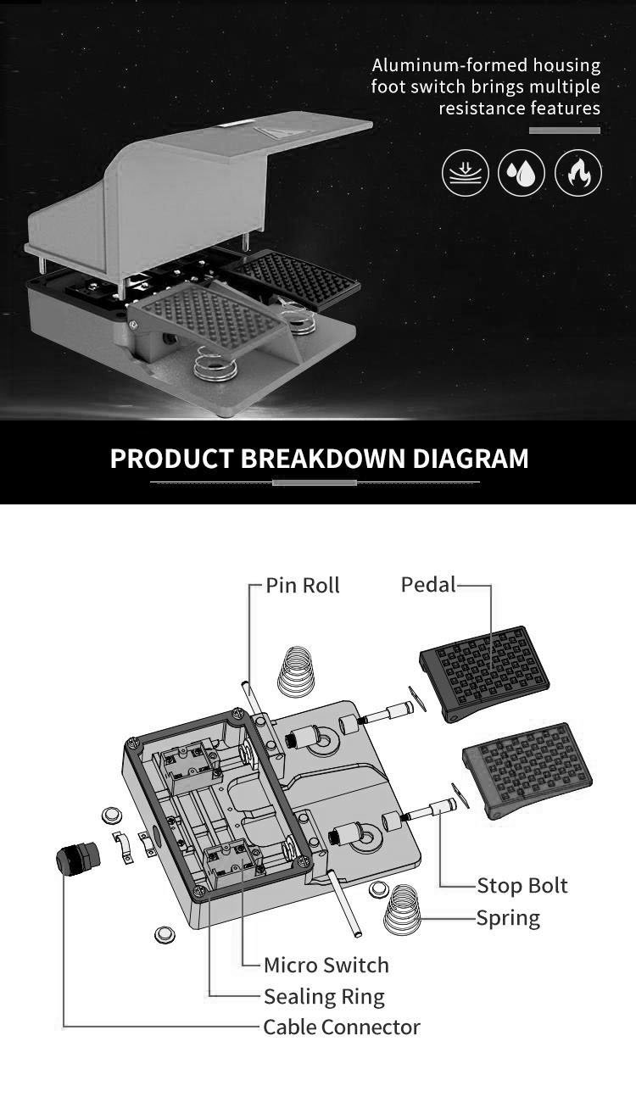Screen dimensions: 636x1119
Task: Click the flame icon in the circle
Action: pyautogui.click(x=578, y=173)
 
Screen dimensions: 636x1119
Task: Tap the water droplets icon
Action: pyautogui.click(x=521, y=173)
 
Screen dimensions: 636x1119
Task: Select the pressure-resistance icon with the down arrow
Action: pyautogui.click(x=466, y=173)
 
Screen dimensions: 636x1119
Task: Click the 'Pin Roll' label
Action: pyautogui.click(x=302, y=585)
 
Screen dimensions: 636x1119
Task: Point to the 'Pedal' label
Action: pyautogui.click(x=428, y=584)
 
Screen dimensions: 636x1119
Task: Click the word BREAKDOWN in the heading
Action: pyautogui.click(x=323, y=458)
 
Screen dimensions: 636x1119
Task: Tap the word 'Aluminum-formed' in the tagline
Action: pyautogui.click(x=449, y=65)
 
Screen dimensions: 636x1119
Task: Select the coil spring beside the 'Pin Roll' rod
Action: pyautogui.click(x=296, y=672)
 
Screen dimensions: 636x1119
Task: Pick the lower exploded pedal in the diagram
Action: pyautogui.click(x=527, y=770)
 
